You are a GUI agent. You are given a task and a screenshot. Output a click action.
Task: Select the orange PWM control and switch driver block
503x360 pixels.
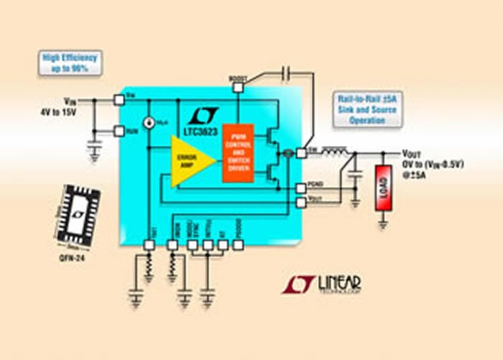(x=239, y=152)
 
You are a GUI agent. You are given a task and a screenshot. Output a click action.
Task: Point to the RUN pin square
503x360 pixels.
(x=119, y=131)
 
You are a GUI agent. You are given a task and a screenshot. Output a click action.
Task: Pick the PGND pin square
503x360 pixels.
(x=300, y=188)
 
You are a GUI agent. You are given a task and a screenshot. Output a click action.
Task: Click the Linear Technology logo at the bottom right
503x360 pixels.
(x=321, y=285)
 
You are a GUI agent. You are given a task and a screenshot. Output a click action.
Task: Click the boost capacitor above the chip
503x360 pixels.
(x=287, y=72)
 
